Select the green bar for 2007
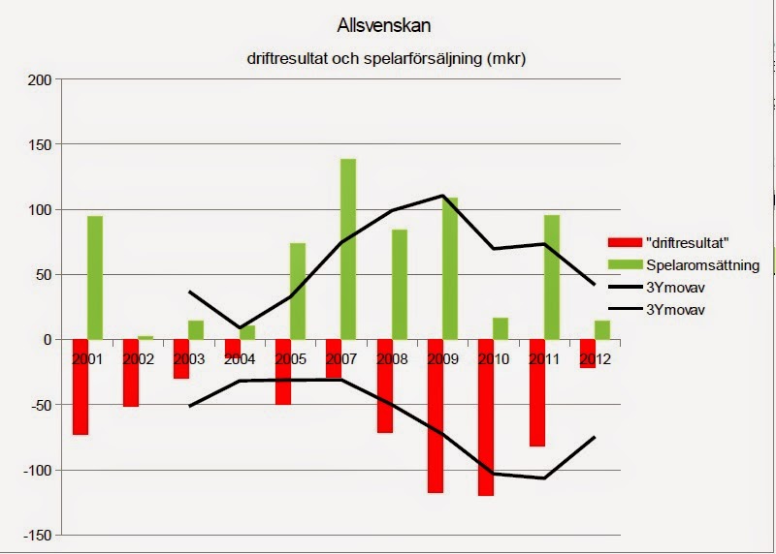click(348, 249)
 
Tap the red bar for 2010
click(485, 417)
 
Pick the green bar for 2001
click(95, 278)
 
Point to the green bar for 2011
click(552, 277)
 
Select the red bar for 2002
click(131, 373)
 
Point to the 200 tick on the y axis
click(40, 79)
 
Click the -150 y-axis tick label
click(36, 536)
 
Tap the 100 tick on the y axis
click(40, 210)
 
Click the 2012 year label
click(595, 358)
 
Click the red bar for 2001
click(80, 387)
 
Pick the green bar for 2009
click(450, 268)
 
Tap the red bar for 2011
click(536, 393)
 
